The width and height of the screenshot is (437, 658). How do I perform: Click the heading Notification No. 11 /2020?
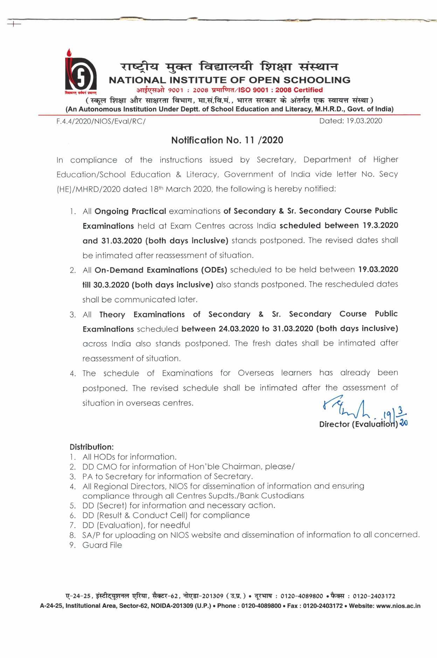click(227, 140)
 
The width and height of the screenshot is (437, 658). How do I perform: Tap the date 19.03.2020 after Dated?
click(364, 121)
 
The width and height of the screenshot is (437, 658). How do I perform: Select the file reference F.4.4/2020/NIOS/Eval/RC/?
click(101, 122)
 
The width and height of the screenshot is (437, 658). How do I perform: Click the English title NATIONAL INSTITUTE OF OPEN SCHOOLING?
click(229, 80)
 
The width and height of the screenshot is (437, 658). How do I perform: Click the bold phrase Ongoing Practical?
click(130, 211)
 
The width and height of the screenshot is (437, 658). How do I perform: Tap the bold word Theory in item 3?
click(112, 314)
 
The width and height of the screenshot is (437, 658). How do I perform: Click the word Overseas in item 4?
click(256, 373)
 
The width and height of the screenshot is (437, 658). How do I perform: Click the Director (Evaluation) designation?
click(358, 424)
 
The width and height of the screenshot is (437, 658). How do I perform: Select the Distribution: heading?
click(92, 447)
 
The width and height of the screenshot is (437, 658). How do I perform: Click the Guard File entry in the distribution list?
click(102, 545)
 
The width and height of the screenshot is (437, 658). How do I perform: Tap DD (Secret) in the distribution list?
click(104, 506)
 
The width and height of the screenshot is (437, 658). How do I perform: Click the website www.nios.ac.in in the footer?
click(398, 606)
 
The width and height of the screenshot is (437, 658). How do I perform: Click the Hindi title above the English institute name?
click(229, 66)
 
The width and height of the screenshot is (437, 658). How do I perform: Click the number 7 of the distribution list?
click(72, 525)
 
